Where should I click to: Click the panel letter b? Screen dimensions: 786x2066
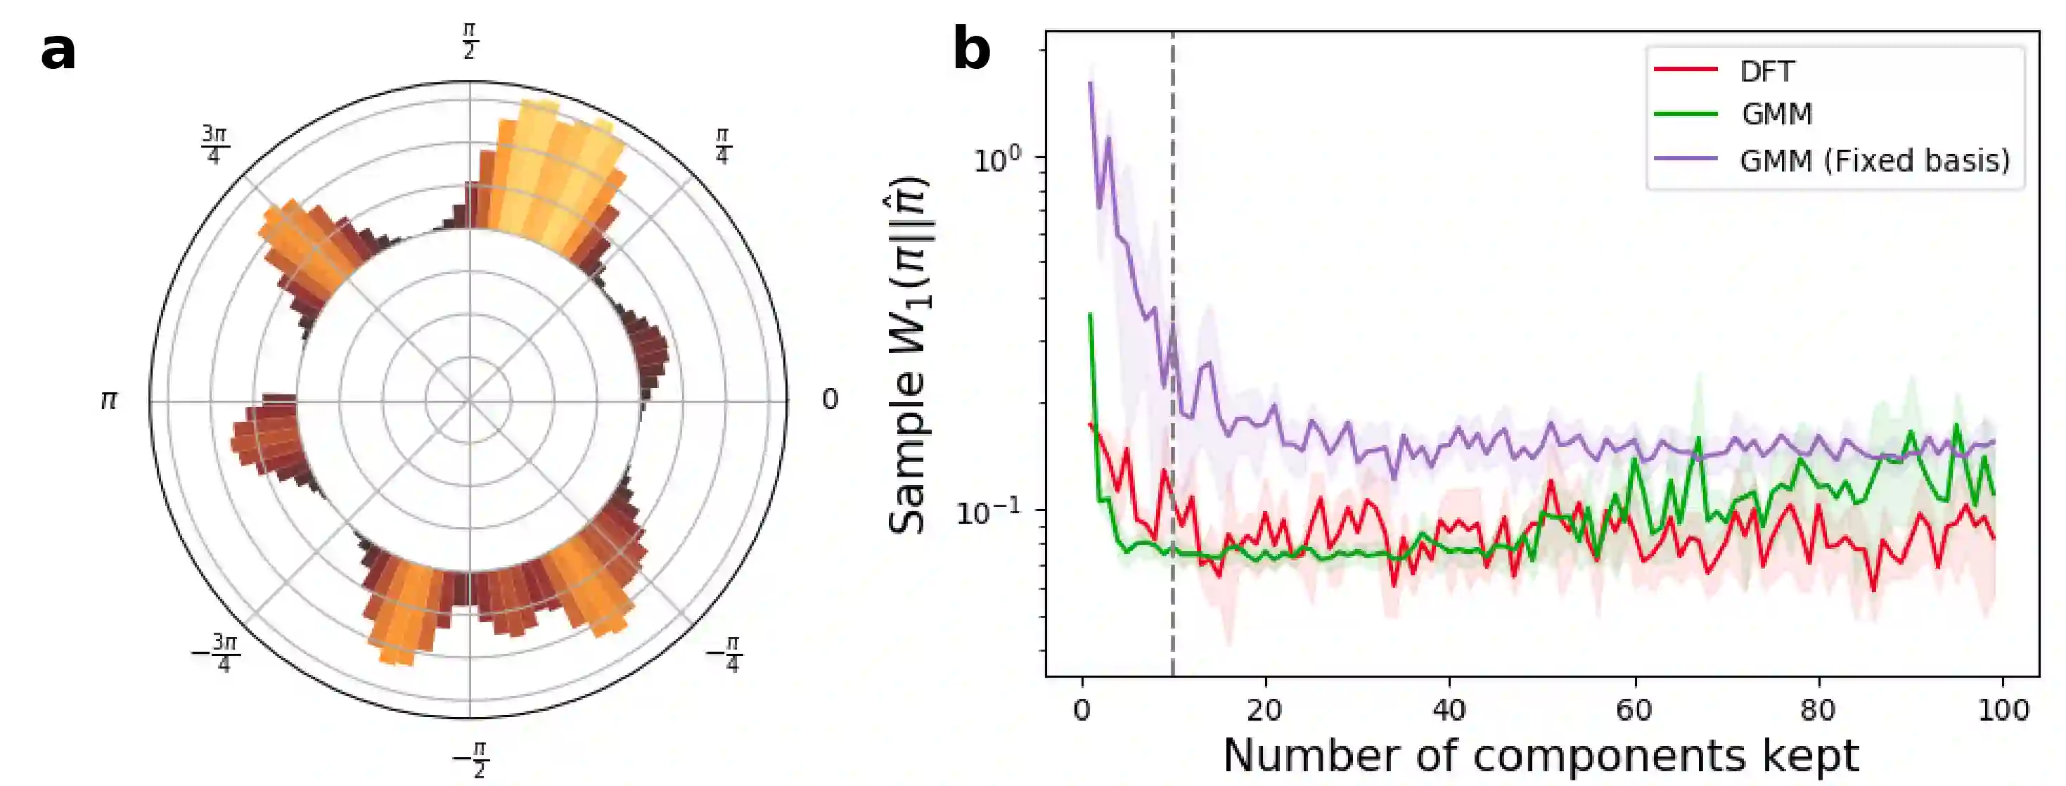click(971, 50)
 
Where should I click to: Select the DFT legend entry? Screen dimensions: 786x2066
click(1766, 72)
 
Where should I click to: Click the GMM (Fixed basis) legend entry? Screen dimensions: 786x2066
click(1874, 160)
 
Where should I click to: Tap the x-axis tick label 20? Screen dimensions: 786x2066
click(1266, 711)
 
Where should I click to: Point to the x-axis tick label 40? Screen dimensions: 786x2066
click(1449, 711)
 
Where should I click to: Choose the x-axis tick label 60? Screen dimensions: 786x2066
click(1634, 711)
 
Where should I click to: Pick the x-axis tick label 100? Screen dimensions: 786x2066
click(2003, 711)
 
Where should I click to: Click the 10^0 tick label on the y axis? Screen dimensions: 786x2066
click(998, 157)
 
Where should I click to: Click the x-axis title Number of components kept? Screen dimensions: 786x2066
click(1541, 756)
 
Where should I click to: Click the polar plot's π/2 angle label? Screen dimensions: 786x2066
click(470, 41)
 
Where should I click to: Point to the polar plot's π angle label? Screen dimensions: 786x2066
click(109, 399)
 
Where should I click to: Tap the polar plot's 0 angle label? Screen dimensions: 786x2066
click(830, 399)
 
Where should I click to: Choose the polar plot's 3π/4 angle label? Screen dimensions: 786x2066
click(214, 144)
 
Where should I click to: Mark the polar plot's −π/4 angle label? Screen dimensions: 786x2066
click(724, 654)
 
